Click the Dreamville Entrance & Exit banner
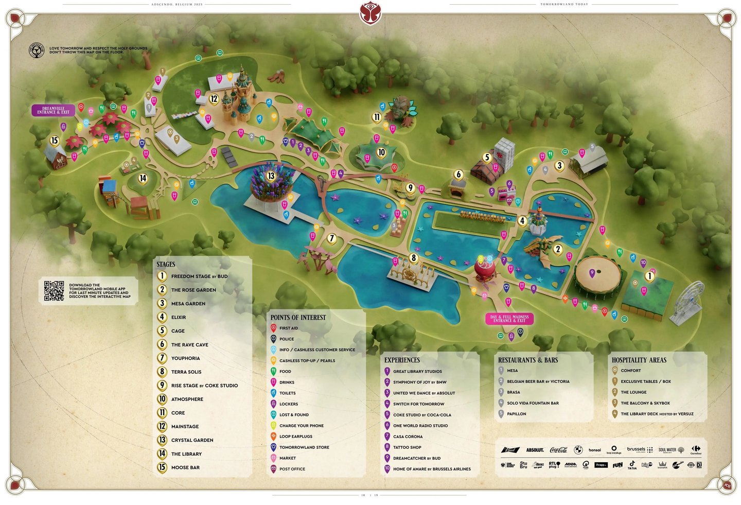54,110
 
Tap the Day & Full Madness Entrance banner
509,319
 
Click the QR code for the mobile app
54,291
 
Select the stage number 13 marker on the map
271,176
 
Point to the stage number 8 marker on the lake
413,257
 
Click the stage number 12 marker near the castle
214,98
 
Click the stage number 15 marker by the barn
55,141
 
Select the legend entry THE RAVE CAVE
189,344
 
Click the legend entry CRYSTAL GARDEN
192,440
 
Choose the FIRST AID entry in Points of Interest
288,328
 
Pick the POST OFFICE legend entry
292,469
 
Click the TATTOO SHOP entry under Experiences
407,447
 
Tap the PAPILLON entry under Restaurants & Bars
516,414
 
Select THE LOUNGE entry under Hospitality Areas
633,392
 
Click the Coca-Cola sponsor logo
558,450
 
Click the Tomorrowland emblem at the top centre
370,12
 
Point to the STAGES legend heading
166,264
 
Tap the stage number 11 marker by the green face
377,117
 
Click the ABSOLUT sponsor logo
535,450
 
